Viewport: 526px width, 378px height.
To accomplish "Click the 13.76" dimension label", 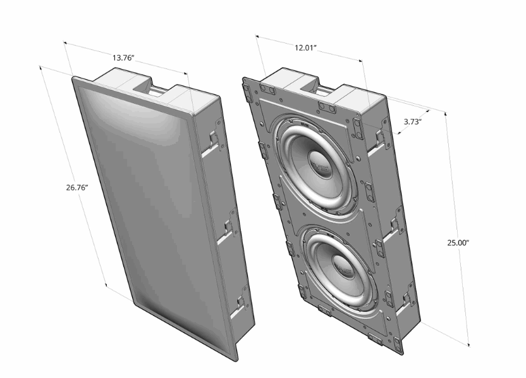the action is (123, 58).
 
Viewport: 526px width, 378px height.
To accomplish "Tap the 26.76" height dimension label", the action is (77, 187).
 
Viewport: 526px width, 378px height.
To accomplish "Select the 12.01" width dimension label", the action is (305, 47).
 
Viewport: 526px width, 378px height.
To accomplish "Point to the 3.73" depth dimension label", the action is (412, 122).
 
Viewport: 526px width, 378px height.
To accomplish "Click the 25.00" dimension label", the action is (458, 243).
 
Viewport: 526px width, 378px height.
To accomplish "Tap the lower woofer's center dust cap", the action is (343, 263).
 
